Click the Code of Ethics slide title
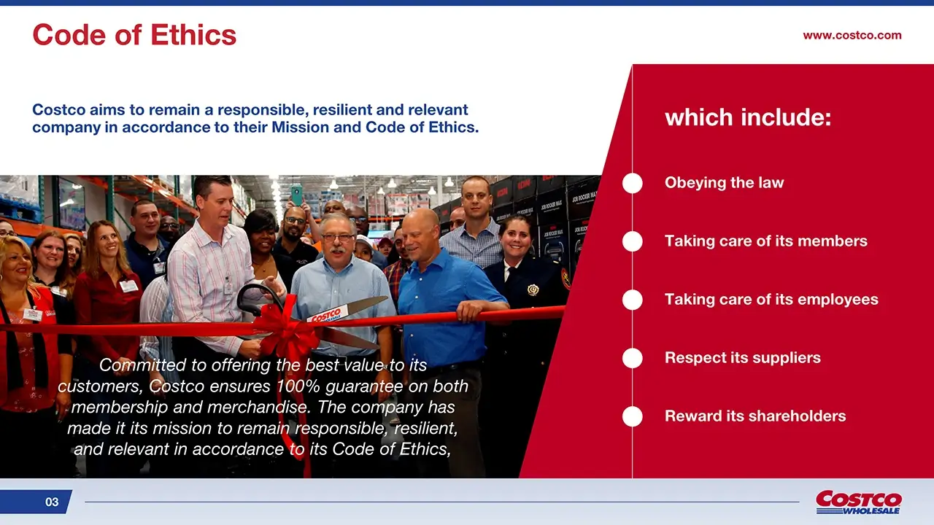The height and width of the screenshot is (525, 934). (x=134, y=34)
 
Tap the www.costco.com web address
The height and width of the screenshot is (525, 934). (x=852, y=36)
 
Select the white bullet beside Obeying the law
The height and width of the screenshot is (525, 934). (x=632, y=183)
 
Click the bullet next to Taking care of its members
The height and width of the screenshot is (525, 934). (x=632, y=241)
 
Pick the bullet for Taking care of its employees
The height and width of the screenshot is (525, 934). (x=632, y=300)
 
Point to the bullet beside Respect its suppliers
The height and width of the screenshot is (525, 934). (x=632, y=358)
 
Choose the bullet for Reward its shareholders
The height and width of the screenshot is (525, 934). (x=632, y=416)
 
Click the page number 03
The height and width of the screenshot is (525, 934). (x=52, y=502)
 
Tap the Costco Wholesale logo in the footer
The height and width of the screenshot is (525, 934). (x=859, y=502)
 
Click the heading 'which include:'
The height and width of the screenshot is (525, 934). (x=748, y=117)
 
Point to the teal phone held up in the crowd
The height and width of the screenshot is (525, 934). (x=296, y=195)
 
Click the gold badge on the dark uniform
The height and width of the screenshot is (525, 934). (x=533, y=289)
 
